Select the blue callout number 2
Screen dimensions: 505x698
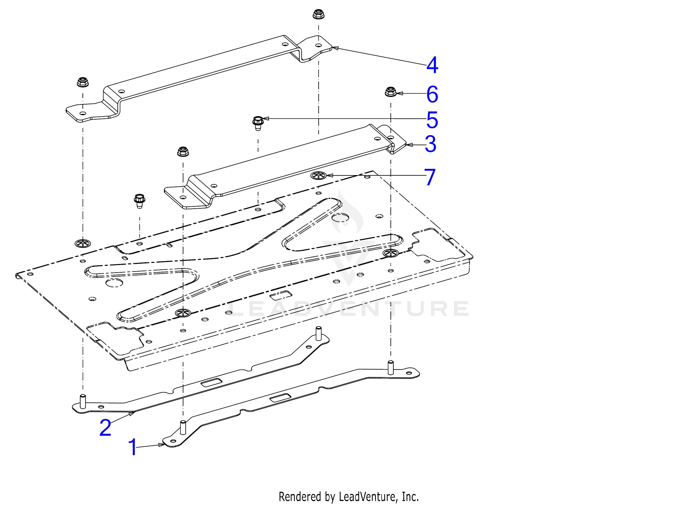tap(105, 428)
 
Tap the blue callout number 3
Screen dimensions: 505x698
tap(430, 144)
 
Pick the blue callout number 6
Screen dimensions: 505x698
tap(432, 94)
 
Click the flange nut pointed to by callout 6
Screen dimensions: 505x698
tap(391, 92)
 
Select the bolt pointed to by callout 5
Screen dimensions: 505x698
tap(258, 123)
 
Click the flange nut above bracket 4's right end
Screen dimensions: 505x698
tap(318, 14)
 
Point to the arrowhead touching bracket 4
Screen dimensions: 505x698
tap(335, 48)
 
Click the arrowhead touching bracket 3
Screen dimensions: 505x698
tap(409, 144)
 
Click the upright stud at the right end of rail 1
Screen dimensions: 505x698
tap(391, 367)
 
